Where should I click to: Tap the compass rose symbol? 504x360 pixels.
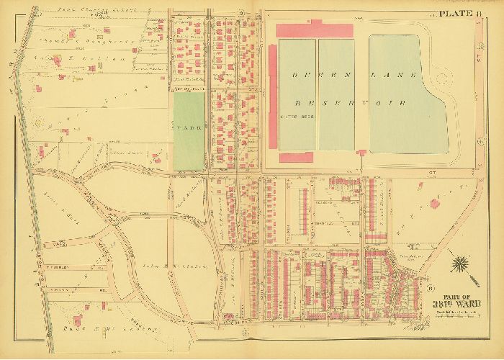461,266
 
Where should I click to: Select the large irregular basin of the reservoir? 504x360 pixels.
407,94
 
